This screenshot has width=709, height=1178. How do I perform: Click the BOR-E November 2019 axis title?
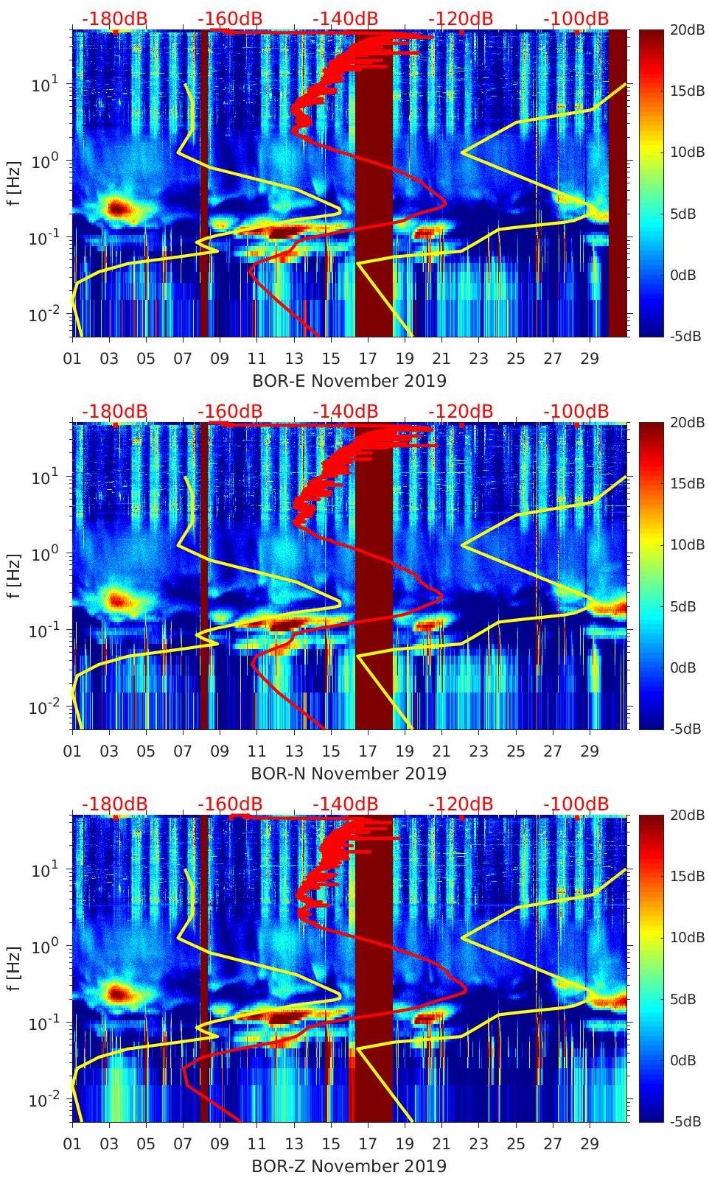(349, 381)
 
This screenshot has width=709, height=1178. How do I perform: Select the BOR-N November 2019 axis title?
(349, 774)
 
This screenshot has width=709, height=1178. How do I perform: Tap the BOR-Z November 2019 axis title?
(349, 1166)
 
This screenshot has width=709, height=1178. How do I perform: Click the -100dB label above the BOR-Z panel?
(576, 804)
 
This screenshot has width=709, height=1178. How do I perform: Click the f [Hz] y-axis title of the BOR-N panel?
(14, 575)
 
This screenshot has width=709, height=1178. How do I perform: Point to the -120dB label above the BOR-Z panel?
(461, 804)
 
